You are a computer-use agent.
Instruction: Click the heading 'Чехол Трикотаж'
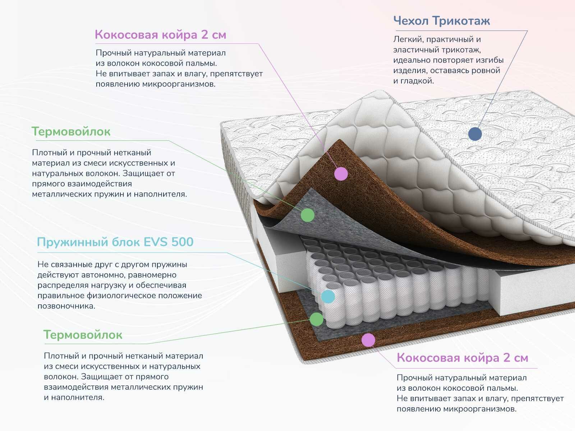click(441, 21)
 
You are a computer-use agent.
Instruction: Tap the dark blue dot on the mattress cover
click(475, 134)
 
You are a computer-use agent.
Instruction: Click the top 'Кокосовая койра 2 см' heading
click(160, 35)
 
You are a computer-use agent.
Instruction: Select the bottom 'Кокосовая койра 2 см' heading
click(462, 358)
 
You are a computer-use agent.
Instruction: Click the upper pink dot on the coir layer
click(341, 174)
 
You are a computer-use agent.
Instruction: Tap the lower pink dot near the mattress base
click(368, 340)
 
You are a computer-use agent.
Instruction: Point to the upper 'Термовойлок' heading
click(71, 131)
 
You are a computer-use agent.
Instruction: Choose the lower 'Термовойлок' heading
click(83, 335)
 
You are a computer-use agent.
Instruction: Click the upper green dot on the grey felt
click(307, 215)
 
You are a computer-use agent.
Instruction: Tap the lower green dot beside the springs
click(317, 319)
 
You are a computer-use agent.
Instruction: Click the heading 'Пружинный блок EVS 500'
click(115, 242)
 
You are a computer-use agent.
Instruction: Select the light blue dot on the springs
click(328, 297)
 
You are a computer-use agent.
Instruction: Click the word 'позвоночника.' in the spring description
click(66, 306)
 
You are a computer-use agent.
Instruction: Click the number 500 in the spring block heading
click(182, 242)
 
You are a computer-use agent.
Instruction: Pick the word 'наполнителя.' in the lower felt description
click(78, 398)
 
